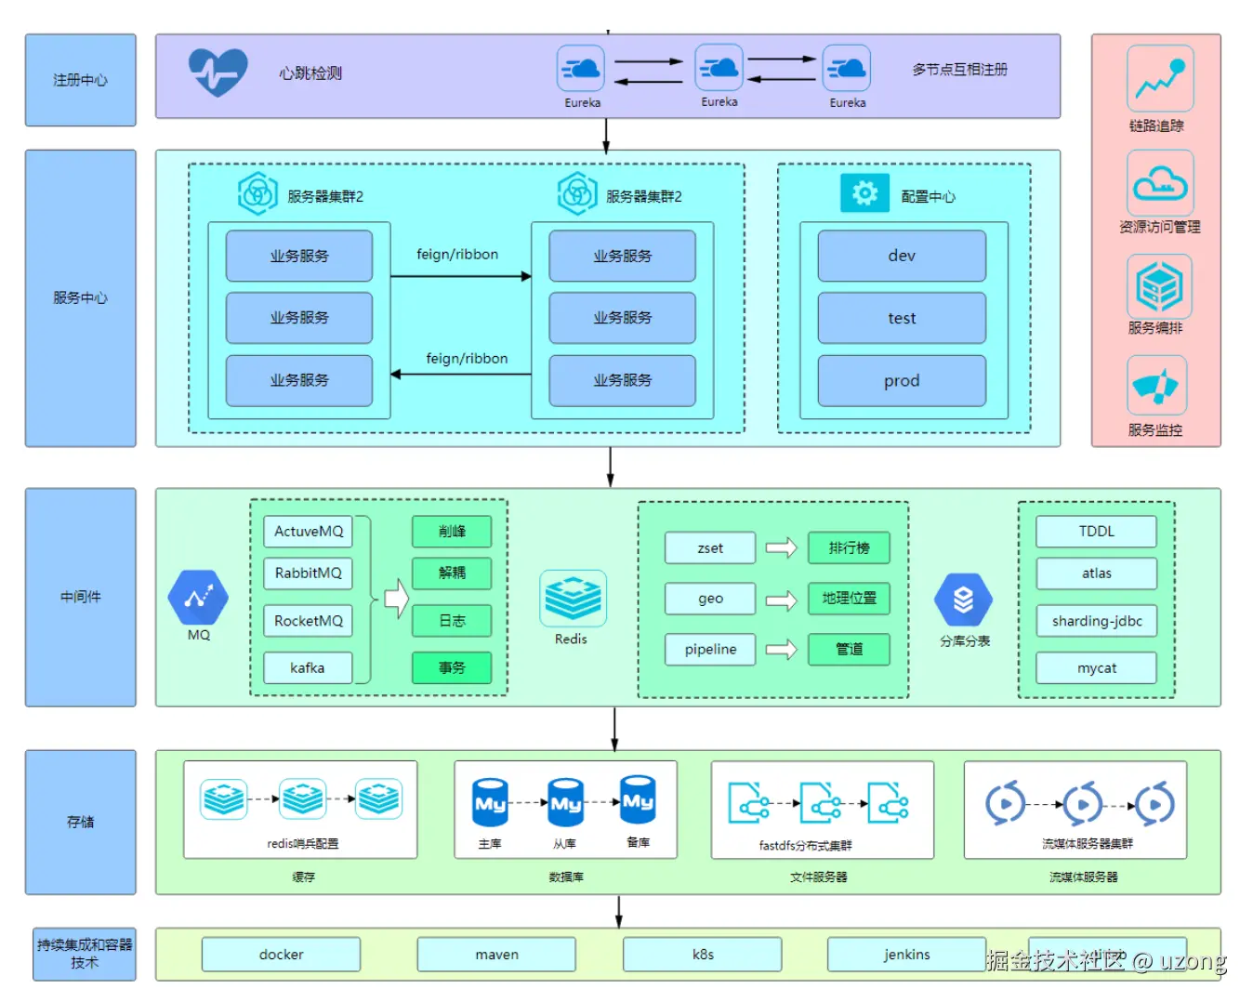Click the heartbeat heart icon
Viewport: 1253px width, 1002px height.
[x=218, y=72]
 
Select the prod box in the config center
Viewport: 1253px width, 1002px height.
[x=901, y=380]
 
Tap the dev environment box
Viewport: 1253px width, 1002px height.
[x=901, y=256]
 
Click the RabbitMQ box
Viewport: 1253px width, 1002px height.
[x=308, y=574]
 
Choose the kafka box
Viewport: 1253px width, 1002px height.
[x=308, y=667]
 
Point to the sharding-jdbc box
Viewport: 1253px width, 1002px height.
[x=1096, y=621]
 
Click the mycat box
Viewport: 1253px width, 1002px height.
[x=1096, y=667]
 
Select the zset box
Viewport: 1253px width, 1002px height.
[x=710, y=548]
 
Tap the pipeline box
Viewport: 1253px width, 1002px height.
[x=710, y=649]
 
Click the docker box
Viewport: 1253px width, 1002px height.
[x=281, y=955]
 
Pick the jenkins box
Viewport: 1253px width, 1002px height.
[x=906, y=955]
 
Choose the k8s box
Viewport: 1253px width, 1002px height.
[x=702, y=955]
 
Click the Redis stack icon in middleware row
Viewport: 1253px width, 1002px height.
[x=573, y=598]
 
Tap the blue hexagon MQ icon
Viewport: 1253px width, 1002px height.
[x=198, y=597]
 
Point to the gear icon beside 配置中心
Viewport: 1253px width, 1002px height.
[x=864, y=193]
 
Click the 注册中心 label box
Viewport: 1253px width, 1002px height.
[x=80, y=80]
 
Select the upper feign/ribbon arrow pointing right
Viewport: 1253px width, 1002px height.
[x=460, y=276]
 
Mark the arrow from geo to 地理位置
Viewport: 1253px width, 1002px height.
[x=781, y=600]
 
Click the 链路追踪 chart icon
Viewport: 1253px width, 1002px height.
[x=1159, y=79]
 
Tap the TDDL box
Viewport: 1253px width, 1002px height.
[x=1096, y=532]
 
